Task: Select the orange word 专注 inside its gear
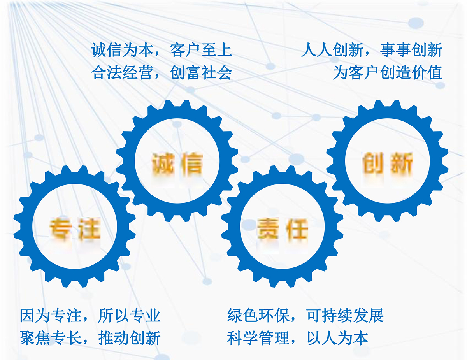click(75, 228)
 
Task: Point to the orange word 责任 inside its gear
click(283, 228)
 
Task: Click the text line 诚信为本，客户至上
click(162, 50)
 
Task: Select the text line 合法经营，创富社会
click(162, 72)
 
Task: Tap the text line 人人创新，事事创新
click(372, 50)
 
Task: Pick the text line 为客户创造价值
click(388, 72)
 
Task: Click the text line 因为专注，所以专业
click(90, 315)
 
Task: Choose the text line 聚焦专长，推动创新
click(90, 338)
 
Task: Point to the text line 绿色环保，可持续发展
click(305, 315)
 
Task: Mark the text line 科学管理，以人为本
click(298, 338)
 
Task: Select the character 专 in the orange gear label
click(60, 228)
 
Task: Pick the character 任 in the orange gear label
click(297, 228)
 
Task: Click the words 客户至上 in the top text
click(201, 50)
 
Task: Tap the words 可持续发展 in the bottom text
click(345, 315)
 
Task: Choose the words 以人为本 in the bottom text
click(337, 338)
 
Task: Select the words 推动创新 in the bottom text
click(129, 338)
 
